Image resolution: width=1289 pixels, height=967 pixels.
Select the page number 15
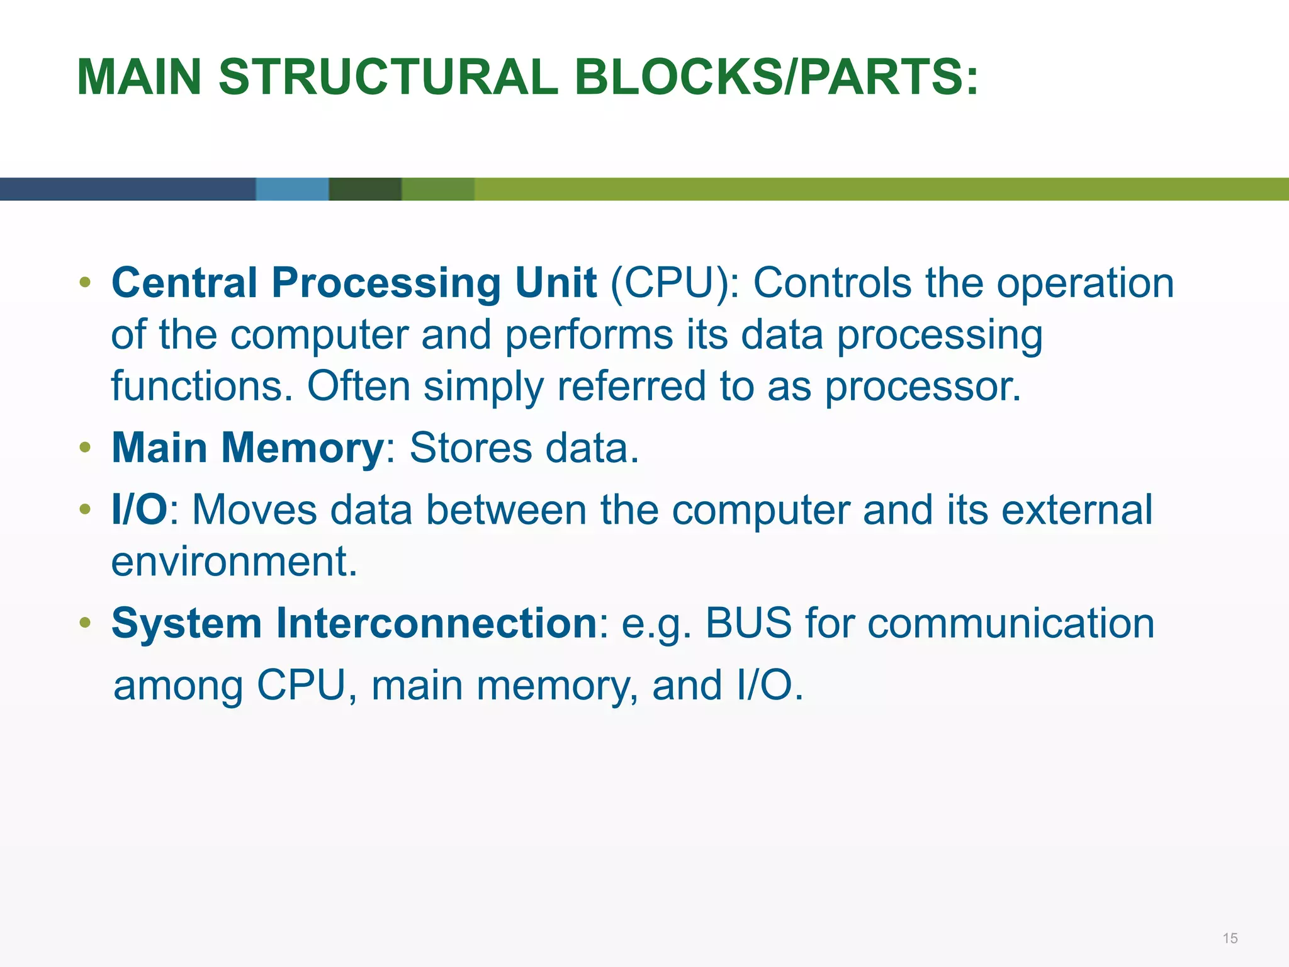[x=1230, y=938]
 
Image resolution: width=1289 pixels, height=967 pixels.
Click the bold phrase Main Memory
[x=247, y=448]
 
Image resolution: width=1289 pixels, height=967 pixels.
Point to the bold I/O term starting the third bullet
[x=139, y=509]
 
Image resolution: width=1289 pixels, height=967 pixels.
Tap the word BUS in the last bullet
[x=748, y=623]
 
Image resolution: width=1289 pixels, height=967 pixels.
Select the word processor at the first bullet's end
[x=922, y=386]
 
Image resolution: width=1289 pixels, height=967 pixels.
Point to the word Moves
[x=254, y=509]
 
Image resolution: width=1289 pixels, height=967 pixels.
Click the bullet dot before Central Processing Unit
[x=86, y=283]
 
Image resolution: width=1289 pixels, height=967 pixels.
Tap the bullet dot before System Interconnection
[x=86, y=623]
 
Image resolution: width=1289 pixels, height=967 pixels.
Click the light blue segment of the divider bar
[x=292, y=189]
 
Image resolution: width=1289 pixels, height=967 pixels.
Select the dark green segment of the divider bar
[x=365, y=189]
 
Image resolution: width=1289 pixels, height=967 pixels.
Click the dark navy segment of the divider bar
[x=126, y=189]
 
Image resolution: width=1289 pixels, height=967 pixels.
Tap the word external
[x=1076, y=509]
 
